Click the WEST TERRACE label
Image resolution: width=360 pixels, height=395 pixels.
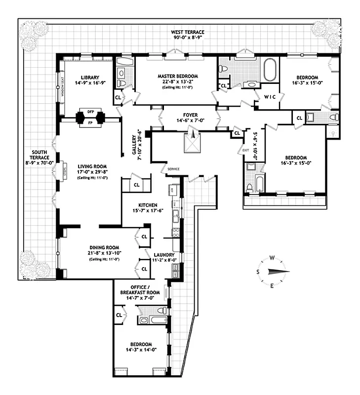tap(187, 32)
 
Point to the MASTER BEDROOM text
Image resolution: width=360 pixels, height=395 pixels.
tap(178, 76)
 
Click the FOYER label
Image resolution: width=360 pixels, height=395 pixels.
tap(190, 114)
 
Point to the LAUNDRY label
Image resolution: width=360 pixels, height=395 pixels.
tap(164, 255)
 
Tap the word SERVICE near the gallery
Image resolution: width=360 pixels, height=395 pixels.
tap(173, 169)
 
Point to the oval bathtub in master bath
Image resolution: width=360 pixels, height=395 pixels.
tap(270, 70)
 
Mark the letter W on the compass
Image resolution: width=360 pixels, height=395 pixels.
tap(272, 258)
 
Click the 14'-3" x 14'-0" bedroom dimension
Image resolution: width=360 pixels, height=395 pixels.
tap(141, 350)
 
